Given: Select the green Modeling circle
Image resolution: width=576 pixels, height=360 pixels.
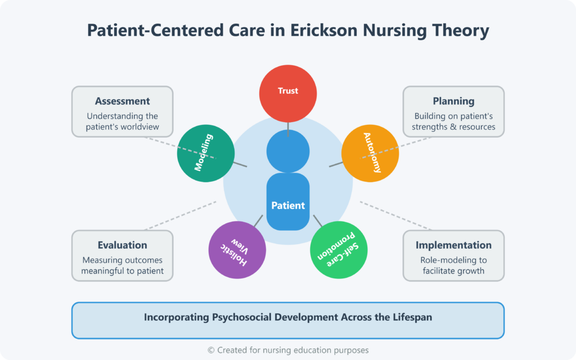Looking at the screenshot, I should tap(205, 152).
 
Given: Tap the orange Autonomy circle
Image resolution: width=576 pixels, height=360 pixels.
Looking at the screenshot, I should tap(370, 152).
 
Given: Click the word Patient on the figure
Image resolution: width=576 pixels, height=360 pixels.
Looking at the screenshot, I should tap(288, 206).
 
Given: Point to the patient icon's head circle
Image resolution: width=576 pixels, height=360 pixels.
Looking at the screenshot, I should tap(288, 151).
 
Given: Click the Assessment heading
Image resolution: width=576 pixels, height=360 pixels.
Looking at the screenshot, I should tap(122, 102).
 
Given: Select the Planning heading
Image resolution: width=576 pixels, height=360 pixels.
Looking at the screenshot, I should tap(453, 102).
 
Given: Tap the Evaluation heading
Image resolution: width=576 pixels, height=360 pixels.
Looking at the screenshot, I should tap(122, 245).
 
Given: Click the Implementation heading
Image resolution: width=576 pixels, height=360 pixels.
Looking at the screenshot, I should tap(453, 245).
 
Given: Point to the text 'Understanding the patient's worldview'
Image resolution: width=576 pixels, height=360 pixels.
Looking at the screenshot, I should tap(122, 121).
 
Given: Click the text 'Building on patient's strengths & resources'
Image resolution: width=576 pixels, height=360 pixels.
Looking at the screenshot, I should tap(453, 121).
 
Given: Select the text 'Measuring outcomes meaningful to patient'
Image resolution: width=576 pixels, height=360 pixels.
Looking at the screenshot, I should tap(122, 265).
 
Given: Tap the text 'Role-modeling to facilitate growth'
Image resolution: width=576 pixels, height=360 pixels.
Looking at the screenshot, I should tap(453, 265).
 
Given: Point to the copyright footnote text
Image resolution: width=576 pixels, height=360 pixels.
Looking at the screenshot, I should tap(288, 350).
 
